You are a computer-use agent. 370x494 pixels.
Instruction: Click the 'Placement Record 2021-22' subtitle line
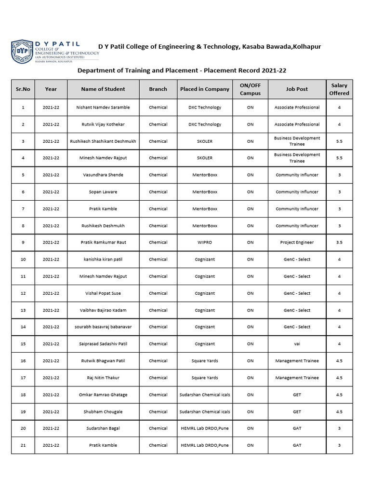click(x=182, y=70)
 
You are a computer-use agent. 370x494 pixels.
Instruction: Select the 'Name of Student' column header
click(x=103, y=89)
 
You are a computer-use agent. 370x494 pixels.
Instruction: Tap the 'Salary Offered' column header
click(x=339, y=89)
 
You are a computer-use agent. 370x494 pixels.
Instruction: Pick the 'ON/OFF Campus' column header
click(x=250, y=89)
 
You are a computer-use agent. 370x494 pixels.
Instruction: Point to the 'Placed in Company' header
click(x=205, y=89)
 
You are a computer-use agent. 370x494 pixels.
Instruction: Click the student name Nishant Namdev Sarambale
click(x=103, y=108)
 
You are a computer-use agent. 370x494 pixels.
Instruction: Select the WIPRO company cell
click(x=205, y=243)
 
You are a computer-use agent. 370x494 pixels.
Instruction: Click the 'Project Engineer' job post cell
click(x=297, y=243)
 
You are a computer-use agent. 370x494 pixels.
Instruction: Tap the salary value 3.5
click(x=339, y=243)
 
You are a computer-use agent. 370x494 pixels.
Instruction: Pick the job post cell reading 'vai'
click(x=297, y=344)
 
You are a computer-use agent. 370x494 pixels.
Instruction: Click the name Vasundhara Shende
click(x=103, y=175)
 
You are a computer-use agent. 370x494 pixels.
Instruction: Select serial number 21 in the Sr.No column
click(x=23, y=445)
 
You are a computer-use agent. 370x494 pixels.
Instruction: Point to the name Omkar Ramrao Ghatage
click(x=103, y=395)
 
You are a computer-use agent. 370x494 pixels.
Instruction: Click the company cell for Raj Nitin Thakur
click(x=205, y=378)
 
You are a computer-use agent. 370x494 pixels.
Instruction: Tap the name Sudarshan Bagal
click(x=103, y=428)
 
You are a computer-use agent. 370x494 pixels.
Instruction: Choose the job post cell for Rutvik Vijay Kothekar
click(x=297, y=124)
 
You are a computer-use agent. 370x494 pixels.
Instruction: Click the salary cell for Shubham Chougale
click(x=339, y=412)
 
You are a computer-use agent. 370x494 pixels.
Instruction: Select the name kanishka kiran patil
click(x=103, y=260)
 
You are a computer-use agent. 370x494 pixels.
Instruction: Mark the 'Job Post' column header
click(x=297, y=89)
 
